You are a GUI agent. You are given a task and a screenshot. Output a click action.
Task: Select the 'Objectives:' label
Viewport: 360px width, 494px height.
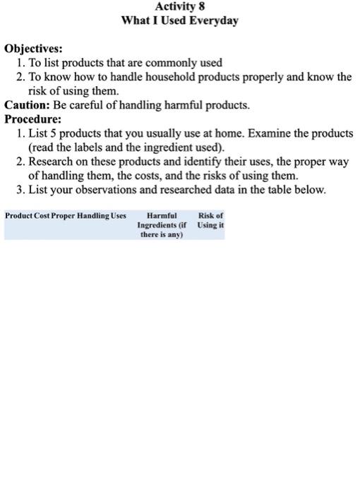(x=33, y=49)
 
